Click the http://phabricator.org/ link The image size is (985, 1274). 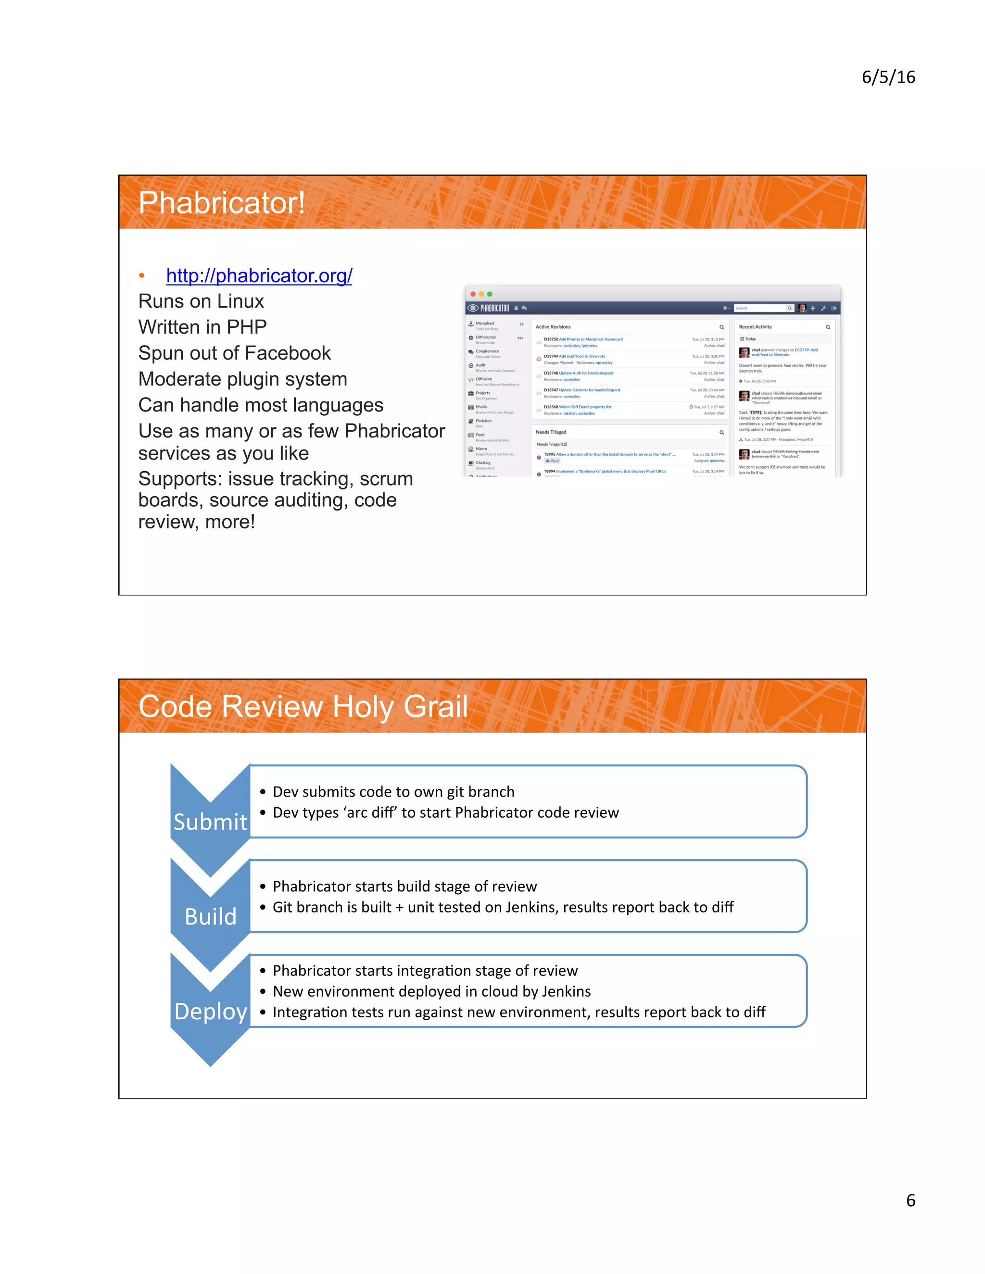tap(259, 275)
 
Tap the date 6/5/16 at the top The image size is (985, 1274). tap(888, 77)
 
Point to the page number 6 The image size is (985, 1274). tap(910, 1200)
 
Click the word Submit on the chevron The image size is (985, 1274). tap(211, 822)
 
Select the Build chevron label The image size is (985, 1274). tap(211, 916)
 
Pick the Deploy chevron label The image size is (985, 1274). tap(211, 1011)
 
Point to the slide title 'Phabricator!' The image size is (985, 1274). tap(222, 203)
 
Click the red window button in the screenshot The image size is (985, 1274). tap(473, 294)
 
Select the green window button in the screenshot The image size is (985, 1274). tap(490, 294)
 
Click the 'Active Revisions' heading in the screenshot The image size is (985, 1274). tap(553, 326)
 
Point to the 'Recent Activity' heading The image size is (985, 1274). tap(755, 326)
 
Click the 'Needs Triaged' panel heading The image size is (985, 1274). tap(551, 432)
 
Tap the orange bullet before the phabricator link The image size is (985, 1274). tap(142, 275)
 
